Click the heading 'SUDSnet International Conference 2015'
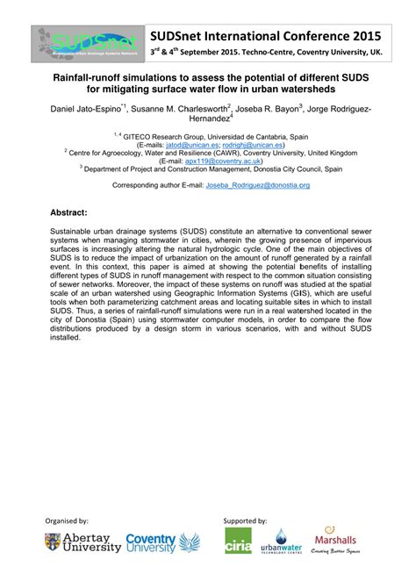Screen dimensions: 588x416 point(264,36)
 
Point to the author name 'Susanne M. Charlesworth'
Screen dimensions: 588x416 point(179,110)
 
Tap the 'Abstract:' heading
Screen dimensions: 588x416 point(68,213)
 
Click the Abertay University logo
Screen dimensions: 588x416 point(79,543)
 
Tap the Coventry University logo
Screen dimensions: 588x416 point(163,543)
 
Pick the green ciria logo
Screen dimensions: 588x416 point(238,541)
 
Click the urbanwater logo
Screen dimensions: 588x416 point(282,543)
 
